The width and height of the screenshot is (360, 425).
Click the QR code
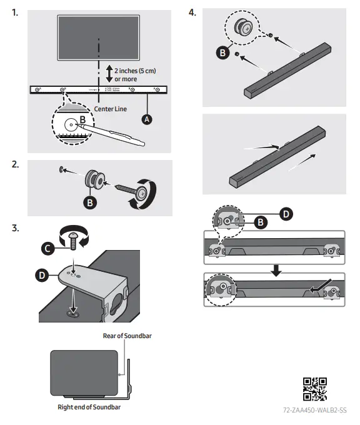click(x=315, y=389)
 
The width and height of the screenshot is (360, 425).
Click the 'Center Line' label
click(x=111, y=109)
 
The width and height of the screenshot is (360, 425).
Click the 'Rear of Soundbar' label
click(x=127, y=336)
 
